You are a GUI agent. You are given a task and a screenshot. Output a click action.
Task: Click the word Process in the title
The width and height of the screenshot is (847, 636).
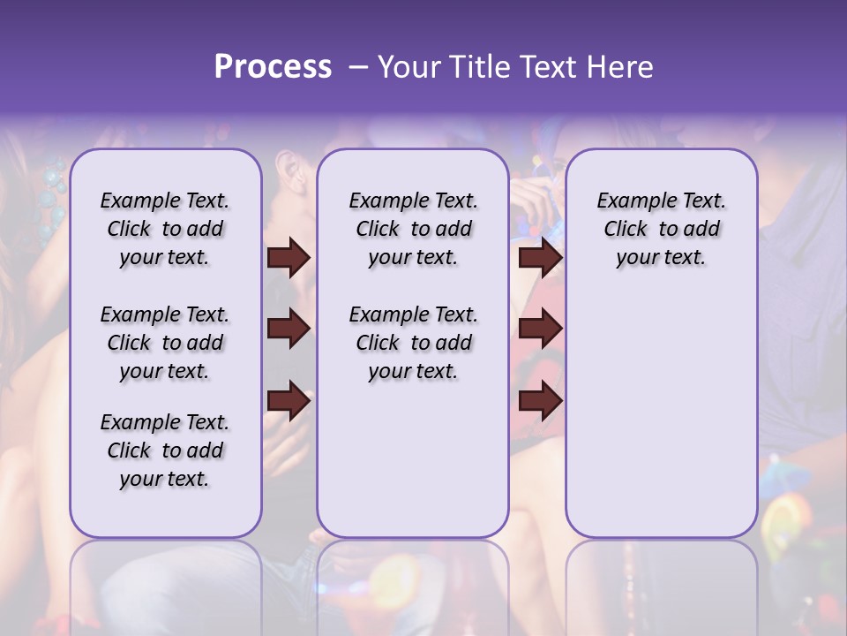click(273, 67)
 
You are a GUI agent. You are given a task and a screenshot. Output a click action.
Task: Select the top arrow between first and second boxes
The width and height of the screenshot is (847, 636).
click(289, 257)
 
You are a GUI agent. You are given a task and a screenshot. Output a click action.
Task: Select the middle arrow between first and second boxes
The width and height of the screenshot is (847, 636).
click(289, 329)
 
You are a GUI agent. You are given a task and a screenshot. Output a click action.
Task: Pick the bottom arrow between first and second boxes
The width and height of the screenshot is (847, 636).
click(289, 401)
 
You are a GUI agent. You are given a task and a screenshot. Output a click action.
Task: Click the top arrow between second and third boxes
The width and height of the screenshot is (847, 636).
click(540, 257)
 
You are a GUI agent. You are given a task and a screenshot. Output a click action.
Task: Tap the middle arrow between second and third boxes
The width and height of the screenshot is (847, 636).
click(540, 329)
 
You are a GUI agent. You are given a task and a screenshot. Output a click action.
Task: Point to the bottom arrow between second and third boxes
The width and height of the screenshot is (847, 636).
click(540, 401)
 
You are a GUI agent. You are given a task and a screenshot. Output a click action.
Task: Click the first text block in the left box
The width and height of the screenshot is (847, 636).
click(165, 229)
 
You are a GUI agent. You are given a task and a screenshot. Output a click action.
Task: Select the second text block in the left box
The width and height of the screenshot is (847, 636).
click(165, 343)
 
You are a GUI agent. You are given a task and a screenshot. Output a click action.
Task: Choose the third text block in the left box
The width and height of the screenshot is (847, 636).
click(165, 450)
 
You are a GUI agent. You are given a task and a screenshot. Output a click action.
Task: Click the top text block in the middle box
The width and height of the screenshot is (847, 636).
click(413, 229)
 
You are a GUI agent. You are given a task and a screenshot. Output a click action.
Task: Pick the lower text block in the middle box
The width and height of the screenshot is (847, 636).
click(413, 343)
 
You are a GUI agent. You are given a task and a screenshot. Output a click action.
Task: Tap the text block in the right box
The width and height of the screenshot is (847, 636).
click(661, 229)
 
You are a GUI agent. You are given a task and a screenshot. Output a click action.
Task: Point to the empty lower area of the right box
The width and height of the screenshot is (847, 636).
click(661, 406)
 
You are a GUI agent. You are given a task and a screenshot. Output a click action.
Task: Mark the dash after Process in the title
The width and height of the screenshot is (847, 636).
click(357, 68)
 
